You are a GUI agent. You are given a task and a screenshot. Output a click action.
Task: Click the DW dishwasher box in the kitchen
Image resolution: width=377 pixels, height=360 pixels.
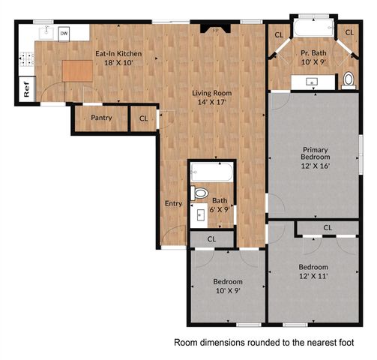tap(64, 34)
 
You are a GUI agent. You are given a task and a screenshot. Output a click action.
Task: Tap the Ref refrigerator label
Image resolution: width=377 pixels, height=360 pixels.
tap(26, 89)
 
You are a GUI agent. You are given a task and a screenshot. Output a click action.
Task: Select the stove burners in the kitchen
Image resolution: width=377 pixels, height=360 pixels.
tap(27, 59)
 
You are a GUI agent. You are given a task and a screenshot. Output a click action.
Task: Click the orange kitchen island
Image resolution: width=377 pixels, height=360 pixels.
tap(77, 71)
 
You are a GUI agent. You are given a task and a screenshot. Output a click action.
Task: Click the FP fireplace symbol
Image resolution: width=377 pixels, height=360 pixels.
tap(215, 28)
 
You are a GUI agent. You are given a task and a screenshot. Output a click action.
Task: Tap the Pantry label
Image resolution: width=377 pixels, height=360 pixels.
tap(101, 118)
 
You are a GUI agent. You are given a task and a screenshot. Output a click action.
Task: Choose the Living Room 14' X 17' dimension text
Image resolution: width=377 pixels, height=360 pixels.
tap(212, 102)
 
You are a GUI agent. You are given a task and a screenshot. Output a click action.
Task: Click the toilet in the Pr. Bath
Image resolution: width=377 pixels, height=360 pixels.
tap(349, 80)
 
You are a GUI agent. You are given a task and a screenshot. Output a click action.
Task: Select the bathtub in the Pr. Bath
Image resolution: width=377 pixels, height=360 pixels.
tap(314, 28)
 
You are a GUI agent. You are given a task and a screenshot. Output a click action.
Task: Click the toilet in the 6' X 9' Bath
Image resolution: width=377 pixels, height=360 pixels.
tap(199, 193)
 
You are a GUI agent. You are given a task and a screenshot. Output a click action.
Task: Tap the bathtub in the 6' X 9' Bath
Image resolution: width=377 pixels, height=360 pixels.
tap(212, 172)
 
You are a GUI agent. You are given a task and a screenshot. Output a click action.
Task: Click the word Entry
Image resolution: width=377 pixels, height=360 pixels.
tap(173, 203)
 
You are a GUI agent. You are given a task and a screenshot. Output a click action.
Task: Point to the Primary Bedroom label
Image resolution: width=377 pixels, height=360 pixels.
tap(316, 153)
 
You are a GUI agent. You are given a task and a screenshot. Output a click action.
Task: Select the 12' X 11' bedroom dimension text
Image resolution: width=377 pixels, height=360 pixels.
tap(313, 276)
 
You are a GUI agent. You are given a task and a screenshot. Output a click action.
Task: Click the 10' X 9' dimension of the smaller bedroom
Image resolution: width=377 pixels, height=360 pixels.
tap(228, 291)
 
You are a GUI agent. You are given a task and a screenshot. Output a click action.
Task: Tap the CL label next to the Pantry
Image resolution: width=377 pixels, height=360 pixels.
tap(144, 118)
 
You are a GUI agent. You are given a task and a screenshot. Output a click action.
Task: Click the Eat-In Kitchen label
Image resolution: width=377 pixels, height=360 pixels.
tap(118, 54)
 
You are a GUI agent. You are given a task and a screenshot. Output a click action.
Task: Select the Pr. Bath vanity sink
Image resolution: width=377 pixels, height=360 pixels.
tap(312, 82)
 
